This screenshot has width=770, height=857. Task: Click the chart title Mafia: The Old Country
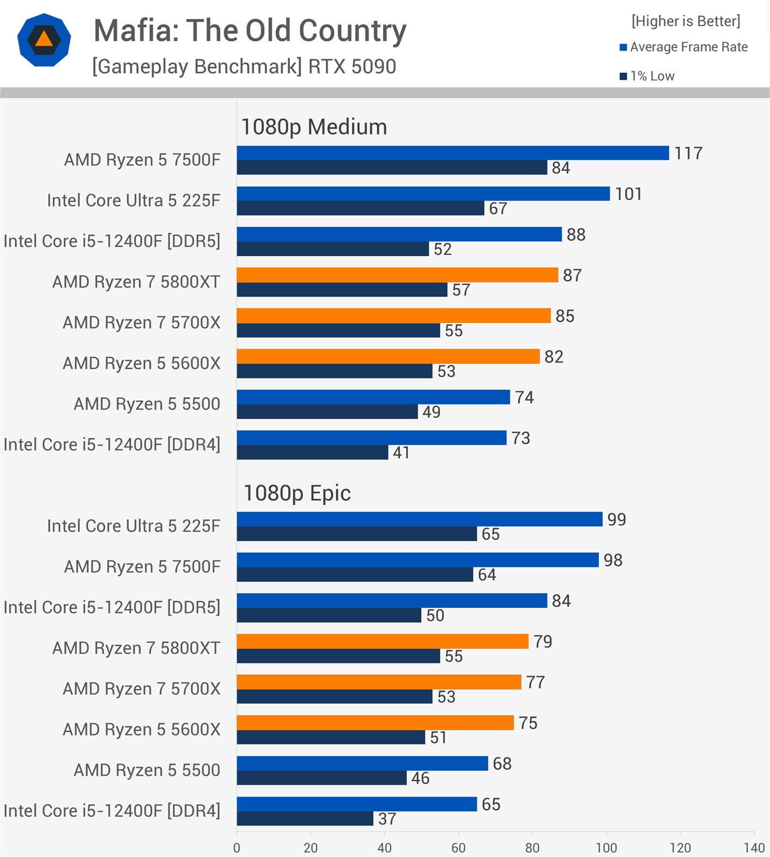250,31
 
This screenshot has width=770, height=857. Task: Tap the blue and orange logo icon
44,40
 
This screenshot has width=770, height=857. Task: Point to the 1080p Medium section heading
314,127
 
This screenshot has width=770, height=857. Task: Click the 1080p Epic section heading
297,493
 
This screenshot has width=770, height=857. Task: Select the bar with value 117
452,153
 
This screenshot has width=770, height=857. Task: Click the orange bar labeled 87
397,275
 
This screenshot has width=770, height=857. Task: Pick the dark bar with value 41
312,452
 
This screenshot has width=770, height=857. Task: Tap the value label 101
629,194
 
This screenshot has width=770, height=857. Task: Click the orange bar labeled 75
375,723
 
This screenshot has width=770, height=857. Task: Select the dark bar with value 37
305,818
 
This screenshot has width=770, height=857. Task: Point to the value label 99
617,520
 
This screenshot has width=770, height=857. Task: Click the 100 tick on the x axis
606,848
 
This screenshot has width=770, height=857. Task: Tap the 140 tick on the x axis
754,848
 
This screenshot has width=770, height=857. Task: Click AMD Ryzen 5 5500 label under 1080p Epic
147,770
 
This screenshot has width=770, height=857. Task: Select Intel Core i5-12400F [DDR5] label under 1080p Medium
112,241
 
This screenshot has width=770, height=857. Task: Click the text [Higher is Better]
686,21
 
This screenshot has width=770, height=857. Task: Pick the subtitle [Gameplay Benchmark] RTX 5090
244,67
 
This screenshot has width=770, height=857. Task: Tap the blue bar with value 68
362,763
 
